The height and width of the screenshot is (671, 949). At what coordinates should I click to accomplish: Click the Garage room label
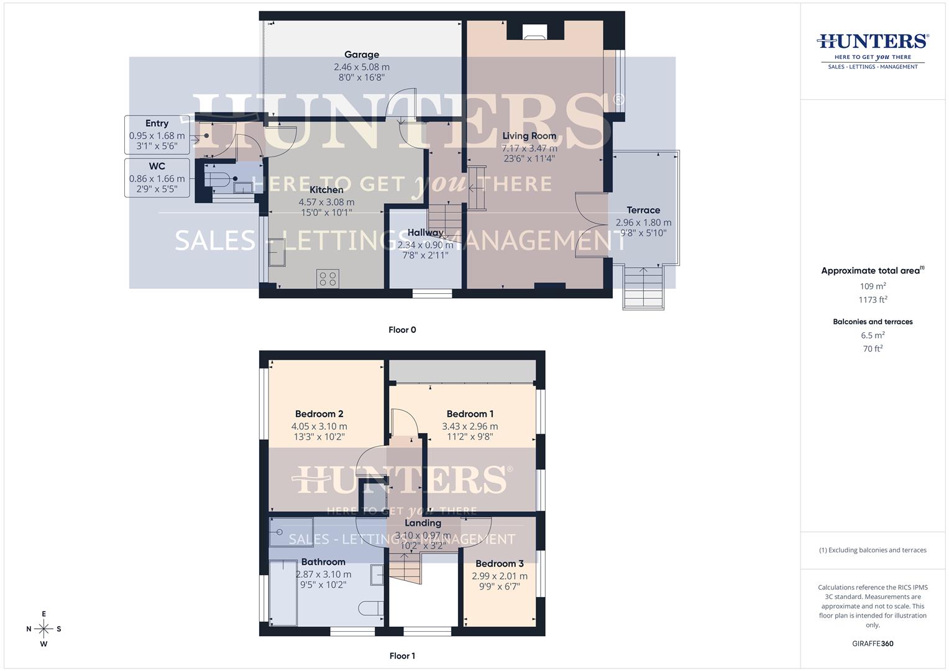361,55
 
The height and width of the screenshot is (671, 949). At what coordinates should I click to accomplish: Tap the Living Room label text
529,136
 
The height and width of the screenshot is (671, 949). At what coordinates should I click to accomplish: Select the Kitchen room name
326,190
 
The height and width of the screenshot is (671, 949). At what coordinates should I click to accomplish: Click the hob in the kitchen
328,278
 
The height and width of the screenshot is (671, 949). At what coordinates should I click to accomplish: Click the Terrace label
643,210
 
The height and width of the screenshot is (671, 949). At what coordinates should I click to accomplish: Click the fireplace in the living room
533,32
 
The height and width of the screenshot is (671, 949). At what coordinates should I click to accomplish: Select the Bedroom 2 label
319,414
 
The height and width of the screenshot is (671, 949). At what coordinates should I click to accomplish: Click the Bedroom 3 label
499,564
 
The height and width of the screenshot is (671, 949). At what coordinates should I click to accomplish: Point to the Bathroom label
323,562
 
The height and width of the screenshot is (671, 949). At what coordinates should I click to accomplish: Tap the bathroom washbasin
377,575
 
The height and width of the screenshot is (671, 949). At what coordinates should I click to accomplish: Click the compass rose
44,629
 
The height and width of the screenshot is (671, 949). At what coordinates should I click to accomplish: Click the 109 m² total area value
872,286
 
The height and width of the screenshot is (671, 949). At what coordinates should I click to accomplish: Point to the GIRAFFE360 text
873,644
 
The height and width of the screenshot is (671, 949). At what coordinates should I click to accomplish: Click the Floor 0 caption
402,330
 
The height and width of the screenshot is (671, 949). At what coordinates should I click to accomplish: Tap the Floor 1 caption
402,656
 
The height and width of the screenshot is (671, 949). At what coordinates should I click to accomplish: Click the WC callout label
157,167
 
